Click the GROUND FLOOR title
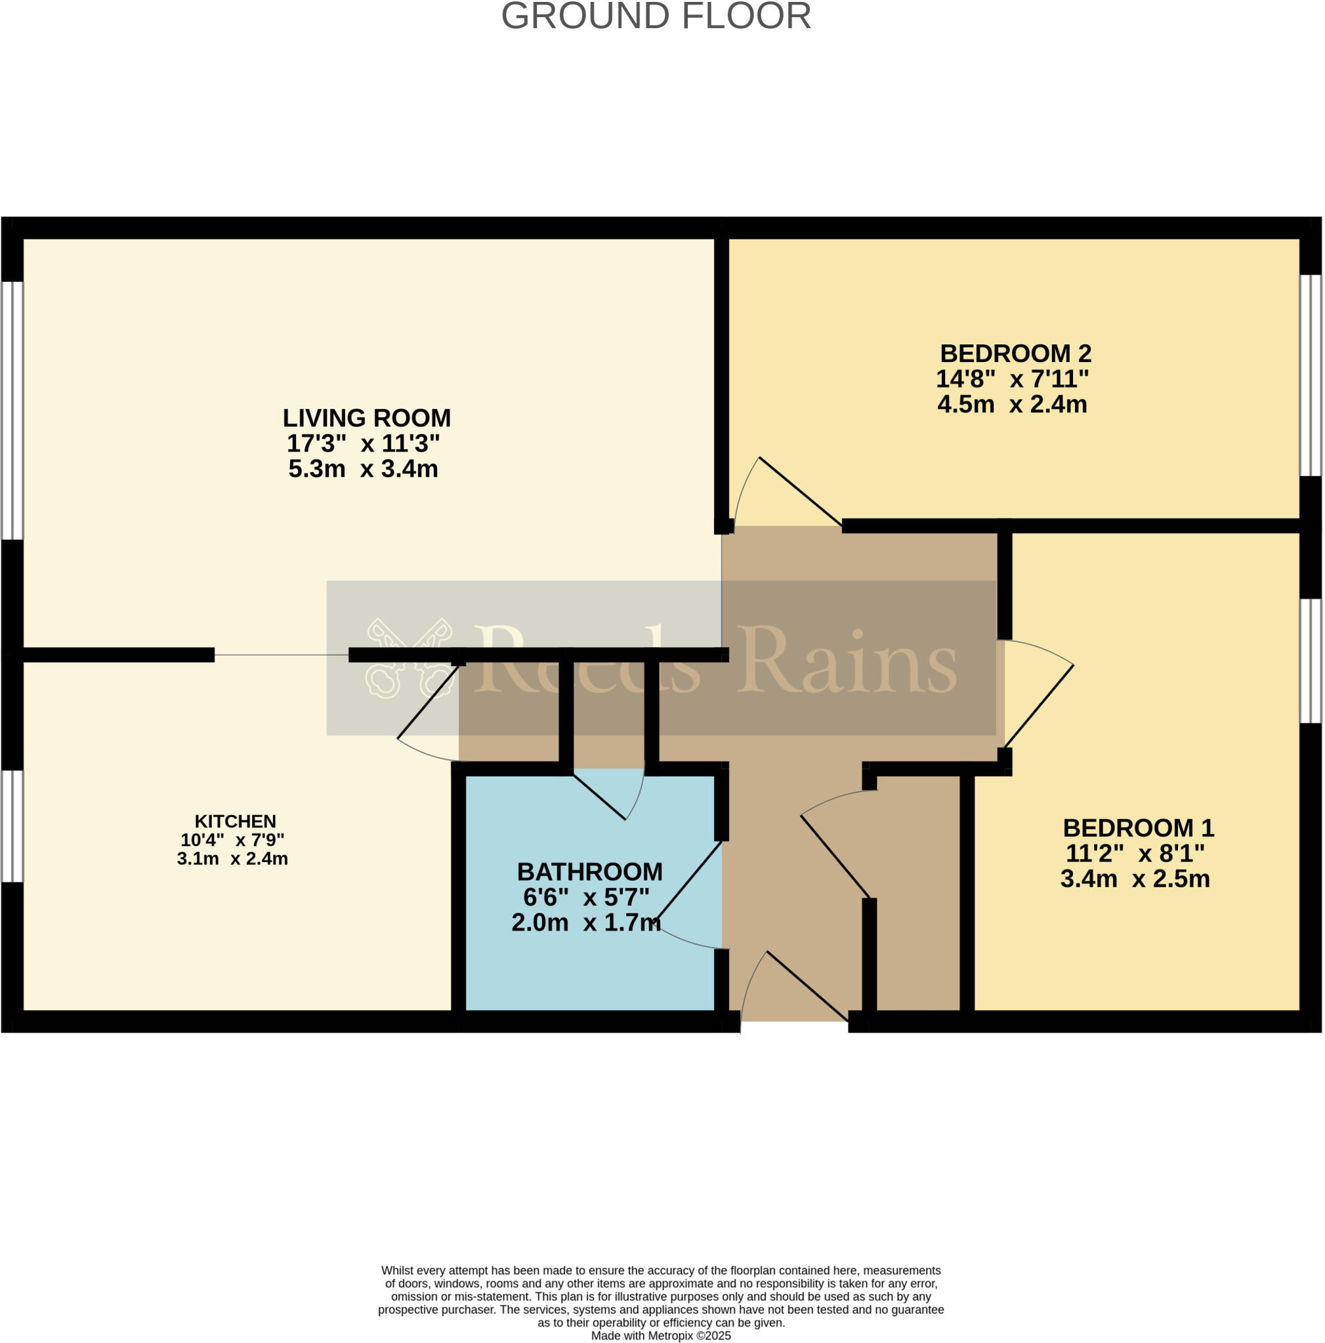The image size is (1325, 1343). click(x=656, y=16)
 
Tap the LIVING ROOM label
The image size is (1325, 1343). click(x=367, y=418)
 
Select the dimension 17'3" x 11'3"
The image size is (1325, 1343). click(x=363, y=443)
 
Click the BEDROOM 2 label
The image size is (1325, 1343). click(x=1015, y=353)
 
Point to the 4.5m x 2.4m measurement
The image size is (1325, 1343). click(x=1012, y=404)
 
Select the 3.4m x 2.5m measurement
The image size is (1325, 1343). click(x=1135, y=879)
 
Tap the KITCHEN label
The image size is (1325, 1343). click(x=235, y=821)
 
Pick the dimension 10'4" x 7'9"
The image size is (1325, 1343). click(x=232, y=840)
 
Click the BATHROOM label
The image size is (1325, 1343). click(x=590, y=872)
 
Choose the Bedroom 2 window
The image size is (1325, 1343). click(x=1311, y=375)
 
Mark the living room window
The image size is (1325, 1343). click(x=12, y=410)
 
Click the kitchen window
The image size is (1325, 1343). click(x=11, y=826)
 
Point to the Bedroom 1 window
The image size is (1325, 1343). click(x=1311, y=661)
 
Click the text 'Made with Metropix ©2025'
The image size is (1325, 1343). click(x=661, y=1335)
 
